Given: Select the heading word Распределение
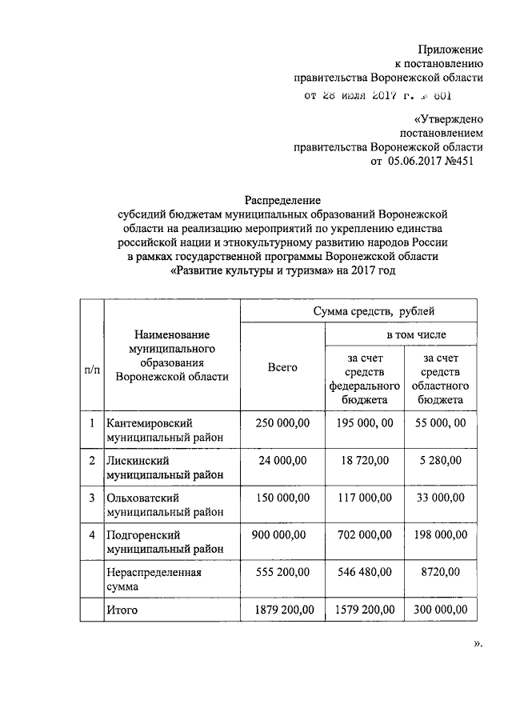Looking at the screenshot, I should pos(282,200).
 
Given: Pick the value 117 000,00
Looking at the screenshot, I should pos(364,498).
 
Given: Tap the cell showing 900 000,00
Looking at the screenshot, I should pos(282,534).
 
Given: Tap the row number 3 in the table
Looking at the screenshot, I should pos(93,498).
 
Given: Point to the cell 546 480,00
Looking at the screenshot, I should pos(364,572).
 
